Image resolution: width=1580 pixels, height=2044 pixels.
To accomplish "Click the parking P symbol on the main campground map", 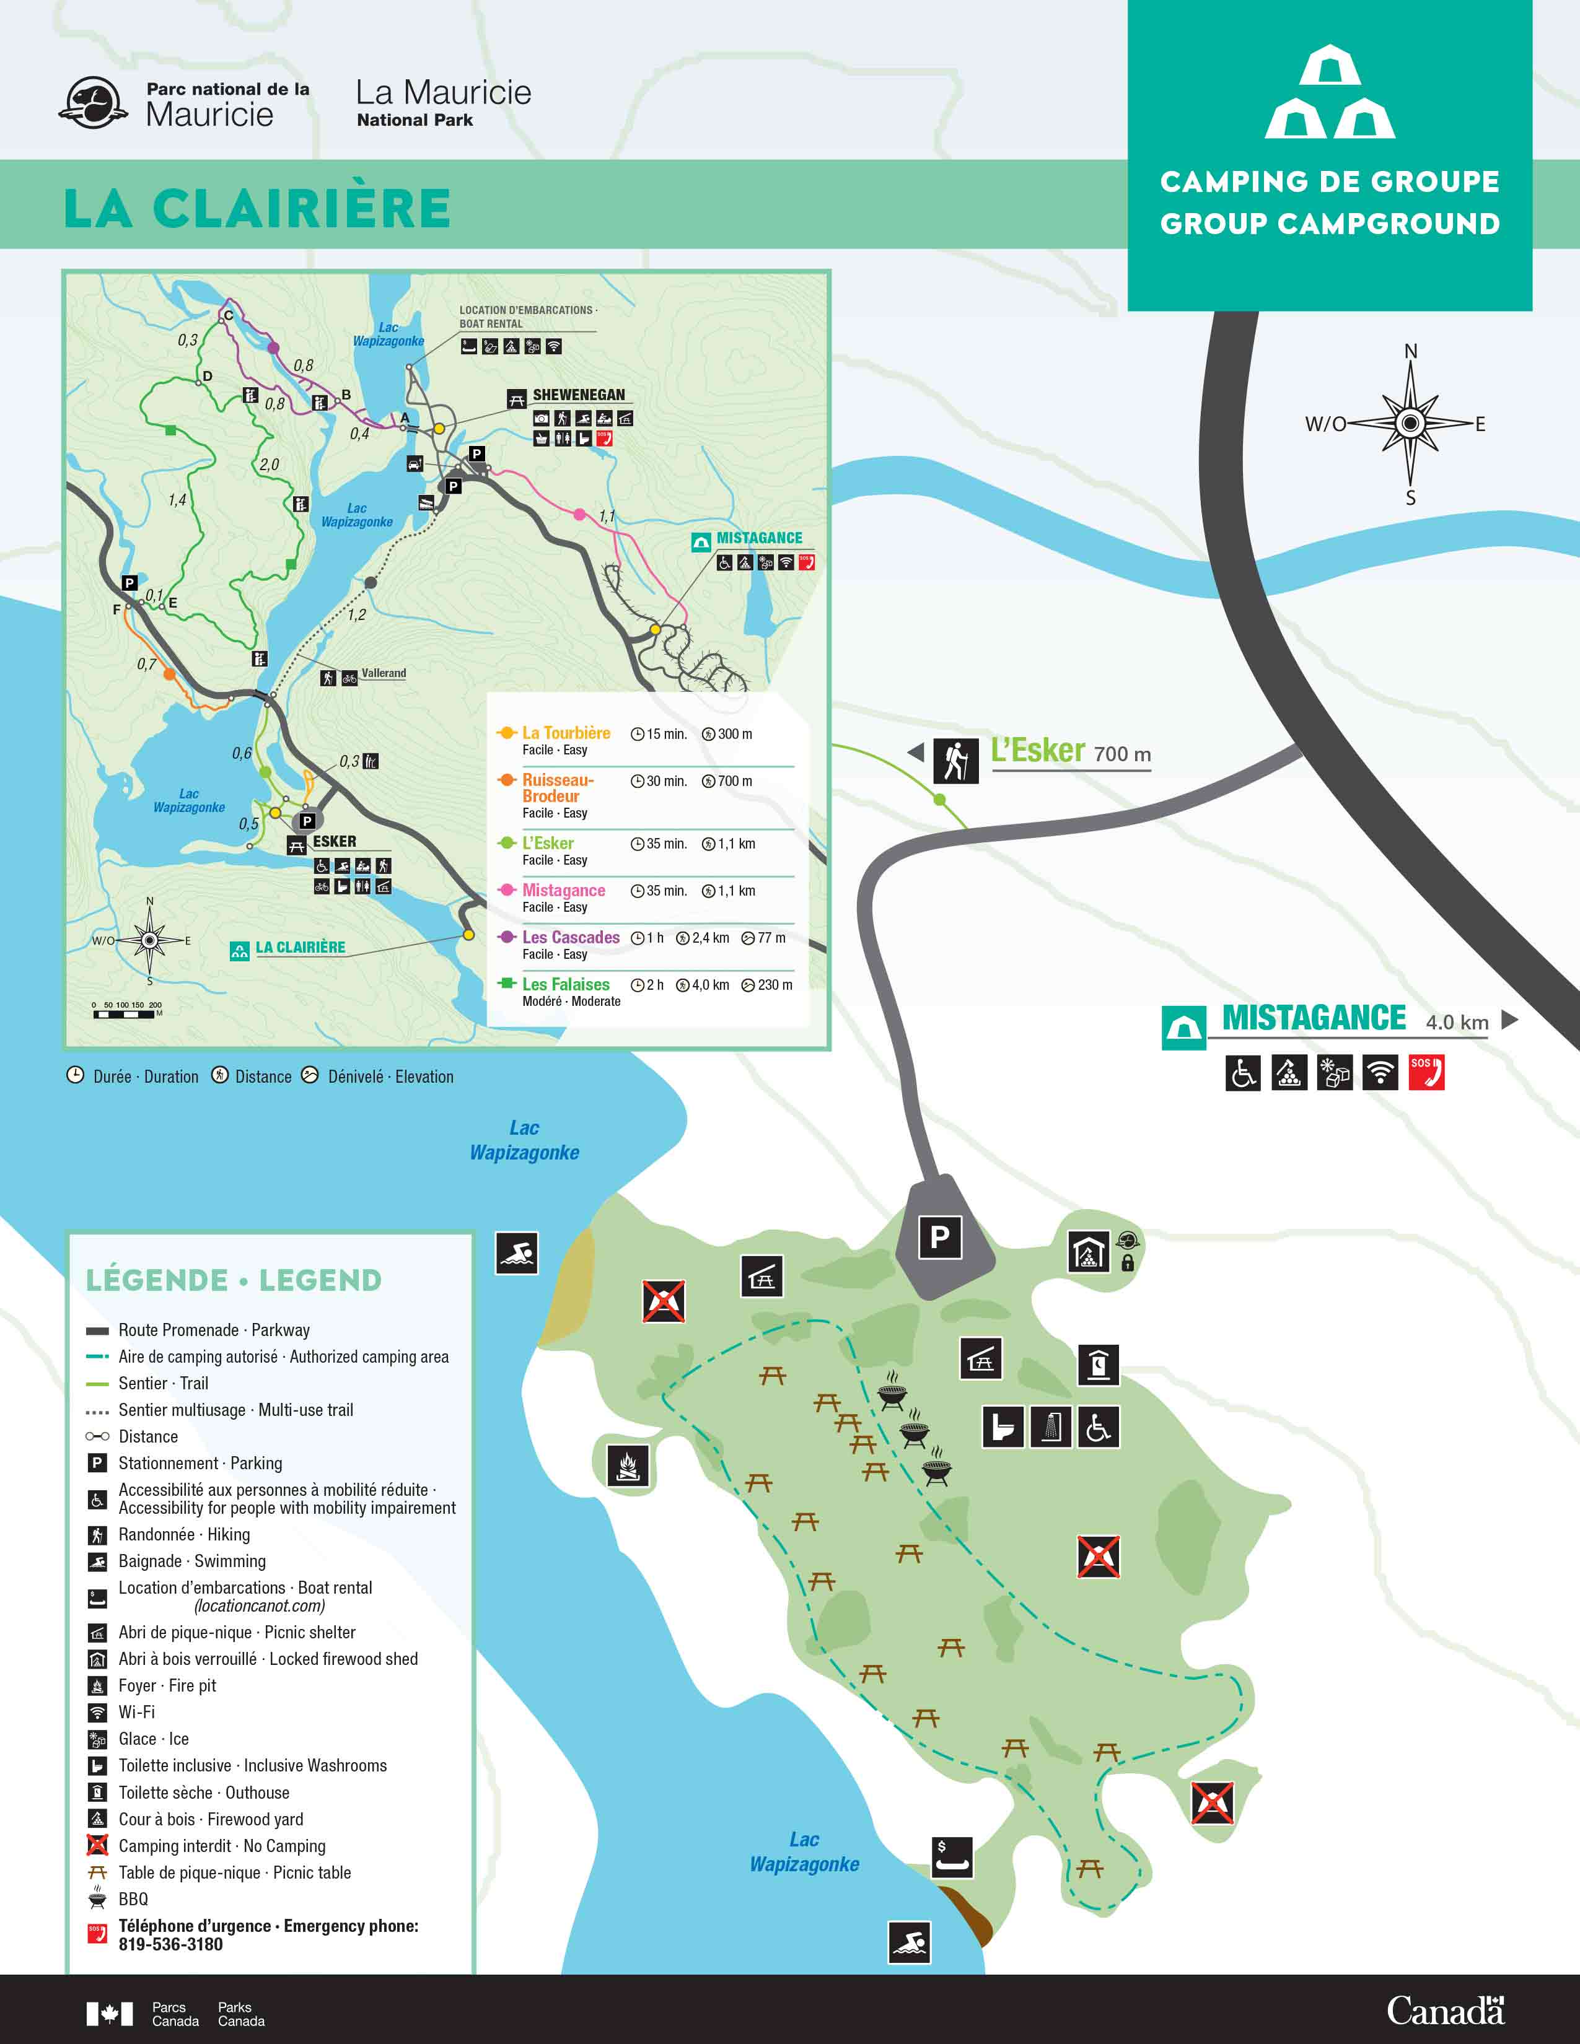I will click(940, 1238).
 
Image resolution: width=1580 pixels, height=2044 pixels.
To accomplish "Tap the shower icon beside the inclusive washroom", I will click(1051, 1427).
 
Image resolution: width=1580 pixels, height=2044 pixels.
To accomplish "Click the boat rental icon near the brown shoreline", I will click(953, 1857).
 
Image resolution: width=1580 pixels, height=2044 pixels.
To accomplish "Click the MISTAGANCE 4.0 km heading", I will click(1313, 1018).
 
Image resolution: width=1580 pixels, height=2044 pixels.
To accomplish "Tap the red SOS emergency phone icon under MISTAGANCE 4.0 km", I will click(1426, 1073).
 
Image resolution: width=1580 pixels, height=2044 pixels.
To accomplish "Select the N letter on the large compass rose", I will click(1411, 352).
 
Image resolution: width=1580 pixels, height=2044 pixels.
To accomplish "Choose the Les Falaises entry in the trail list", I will click(565, 985).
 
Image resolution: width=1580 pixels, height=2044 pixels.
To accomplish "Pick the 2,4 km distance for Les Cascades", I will click(709, 938).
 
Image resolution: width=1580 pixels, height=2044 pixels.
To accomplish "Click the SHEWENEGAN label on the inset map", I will click(579, 395).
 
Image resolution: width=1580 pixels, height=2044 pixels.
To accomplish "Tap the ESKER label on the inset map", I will click(334, 841).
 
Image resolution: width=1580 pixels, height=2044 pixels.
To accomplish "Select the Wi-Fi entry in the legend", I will click(137, 1712).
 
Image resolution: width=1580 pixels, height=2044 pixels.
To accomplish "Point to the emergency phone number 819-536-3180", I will click(170, 1945).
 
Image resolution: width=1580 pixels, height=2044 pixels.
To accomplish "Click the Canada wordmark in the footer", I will click(1444, 2011).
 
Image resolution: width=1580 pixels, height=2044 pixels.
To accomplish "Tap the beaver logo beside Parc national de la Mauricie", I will click(94, 103).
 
